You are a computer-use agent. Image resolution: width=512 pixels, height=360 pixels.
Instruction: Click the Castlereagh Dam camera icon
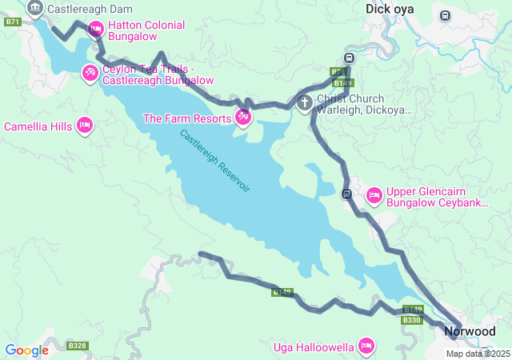35,10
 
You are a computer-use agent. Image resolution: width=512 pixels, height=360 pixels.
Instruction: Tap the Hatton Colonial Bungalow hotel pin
95,30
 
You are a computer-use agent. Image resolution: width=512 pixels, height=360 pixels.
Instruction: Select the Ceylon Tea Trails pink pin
90,74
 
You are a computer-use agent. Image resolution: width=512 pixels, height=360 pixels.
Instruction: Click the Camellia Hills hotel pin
84,126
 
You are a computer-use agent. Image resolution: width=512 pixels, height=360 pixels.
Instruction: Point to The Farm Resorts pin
242,118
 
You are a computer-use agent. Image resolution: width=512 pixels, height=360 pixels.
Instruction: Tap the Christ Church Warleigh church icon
304,102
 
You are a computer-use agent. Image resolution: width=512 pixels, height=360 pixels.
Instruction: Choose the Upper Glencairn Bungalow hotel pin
374,195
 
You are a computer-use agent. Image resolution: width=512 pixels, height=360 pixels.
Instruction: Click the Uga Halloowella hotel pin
366,346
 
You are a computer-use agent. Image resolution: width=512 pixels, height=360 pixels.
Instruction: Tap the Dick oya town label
390,10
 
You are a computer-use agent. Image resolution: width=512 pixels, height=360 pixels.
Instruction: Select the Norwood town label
470,331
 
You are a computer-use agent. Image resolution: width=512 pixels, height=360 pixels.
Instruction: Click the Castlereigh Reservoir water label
214,161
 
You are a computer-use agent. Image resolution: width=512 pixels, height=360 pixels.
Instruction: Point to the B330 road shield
411,320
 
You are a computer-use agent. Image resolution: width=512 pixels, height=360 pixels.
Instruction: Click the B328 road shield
78,346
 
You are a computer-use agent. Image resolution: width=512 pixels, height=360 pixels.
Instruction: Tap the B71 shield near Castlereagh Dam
11,22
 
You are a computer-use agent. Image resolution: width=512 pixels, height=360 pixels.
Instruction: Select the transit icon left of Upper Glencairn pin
346,194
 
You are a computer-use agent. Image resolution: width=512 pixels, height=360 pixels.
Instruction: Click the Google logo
26,350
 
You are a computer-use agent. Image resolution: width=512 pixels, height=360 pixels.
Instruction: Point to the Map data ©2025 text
478,354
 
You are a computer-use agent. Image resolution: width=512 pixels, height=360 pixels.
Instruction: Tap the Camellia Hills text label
38,126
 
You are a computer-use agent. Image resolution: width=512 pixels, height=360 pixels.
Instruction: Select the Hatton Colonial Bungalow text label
146,31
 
